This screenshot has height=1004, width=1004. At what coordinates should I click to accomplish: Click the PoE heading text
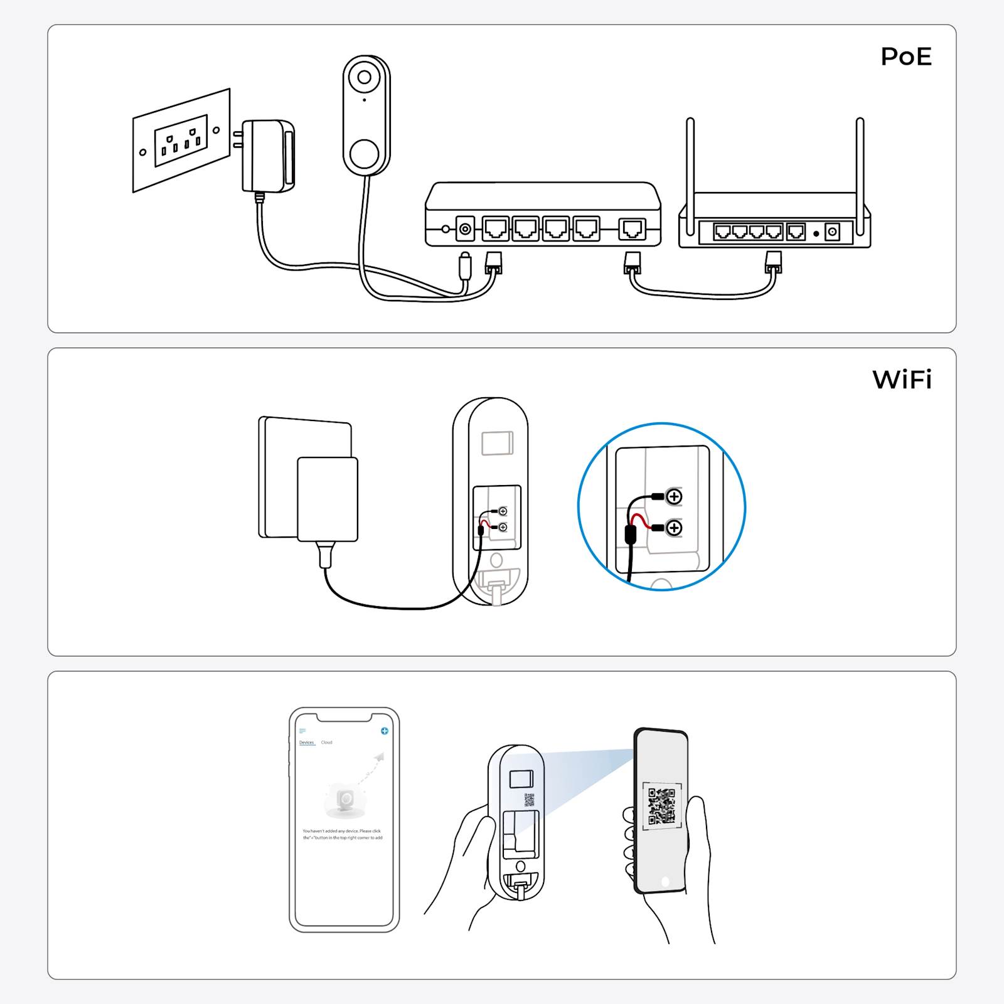click(x=905, y=57)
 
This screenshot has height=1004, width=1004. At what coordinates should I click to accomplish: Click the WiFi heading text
click(x=902, y=380)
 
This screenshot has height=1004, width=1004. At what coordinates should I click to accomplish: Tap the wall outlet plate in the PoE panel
click(x=181, y=140)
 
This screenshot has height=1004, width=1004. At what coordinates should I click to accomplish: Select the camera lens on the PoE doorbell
click(x=365, y=78)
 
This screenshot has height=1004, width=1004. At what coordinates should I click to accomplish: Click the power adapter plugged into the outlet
click(x=268, y=156)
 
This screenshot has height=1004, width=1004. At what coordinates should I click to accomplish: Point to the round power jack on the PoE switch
click(x=465, y=229)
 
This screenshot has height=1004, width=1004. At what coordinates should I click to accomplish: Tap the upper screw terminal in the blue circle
click(x=674, y=497)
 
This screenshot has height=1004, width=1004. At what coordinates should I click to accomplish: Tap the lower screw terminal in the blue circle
click(x=674, y=528)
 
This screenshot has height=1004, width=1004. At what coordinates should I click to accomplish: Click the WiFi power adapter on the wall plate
click(x=327, y=499)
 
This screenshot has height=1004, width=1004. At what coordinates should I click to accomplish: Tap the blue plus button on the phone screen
click(x=385, y=731)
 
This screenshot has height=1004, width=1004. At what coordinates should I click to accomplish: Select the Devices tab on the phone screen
click(x=306, y=742)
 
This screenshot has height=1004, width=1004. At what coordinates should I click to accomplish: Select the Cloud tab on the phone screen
click(x=327, y=742)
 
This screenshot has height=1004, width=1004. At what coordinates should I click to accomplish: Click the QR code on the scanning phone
click(x=662, y=805)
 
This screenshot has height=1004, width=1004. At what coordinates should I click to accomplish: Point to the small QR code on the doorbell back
click(x=529, y=800)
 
